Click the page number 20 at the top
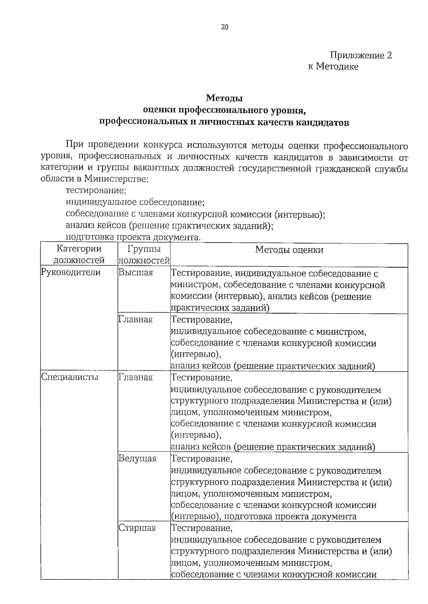225,27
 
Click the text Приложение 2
361,55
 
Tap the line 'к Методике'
333,67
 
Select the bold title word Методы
224,98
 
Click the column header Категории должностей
79,255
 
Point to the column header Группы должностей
144,255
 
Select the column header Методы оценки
289,250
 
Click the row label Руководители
71,273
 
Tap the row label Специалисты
70,377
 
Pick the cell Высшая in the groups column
136,273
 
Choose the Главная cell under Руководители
136,320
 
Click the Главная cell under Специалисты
136,377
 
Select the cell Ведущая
137,458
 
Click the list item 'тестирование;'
96,191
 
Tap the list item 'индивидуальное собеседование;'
135,202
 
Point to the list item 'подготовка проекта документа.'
133,237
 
